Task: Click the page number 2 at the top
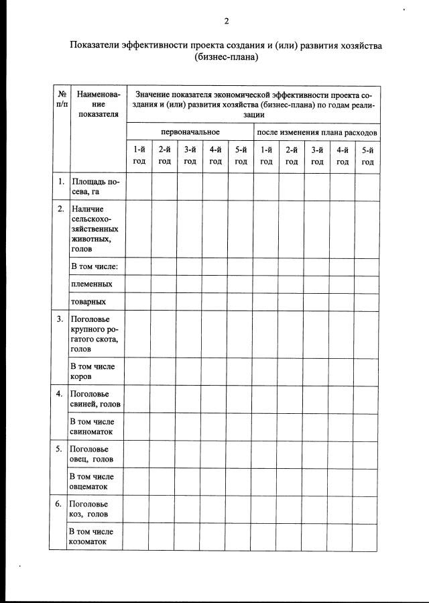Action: click(x=227, y=21)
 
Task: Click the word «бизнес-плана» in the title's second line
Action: click(x=227, y=58)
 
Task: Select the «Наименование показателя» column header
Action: click(x=98, y=104)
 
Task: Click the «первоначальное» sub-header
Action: click(x=190, y=131)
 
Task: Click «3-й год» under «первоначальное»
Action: click(x=190, y=156)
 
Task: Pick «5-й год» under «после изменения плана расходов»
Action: click(x=367, y=156)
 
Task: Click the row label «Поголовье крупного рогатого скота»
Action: click(x=95, y=333)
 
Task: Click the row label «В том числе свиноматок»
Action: click(x=93, y=427)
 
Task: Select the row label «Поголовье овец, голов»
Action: click(x=93, y=454)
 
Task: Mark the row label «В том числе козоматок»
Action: click(x=93, y=537)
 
